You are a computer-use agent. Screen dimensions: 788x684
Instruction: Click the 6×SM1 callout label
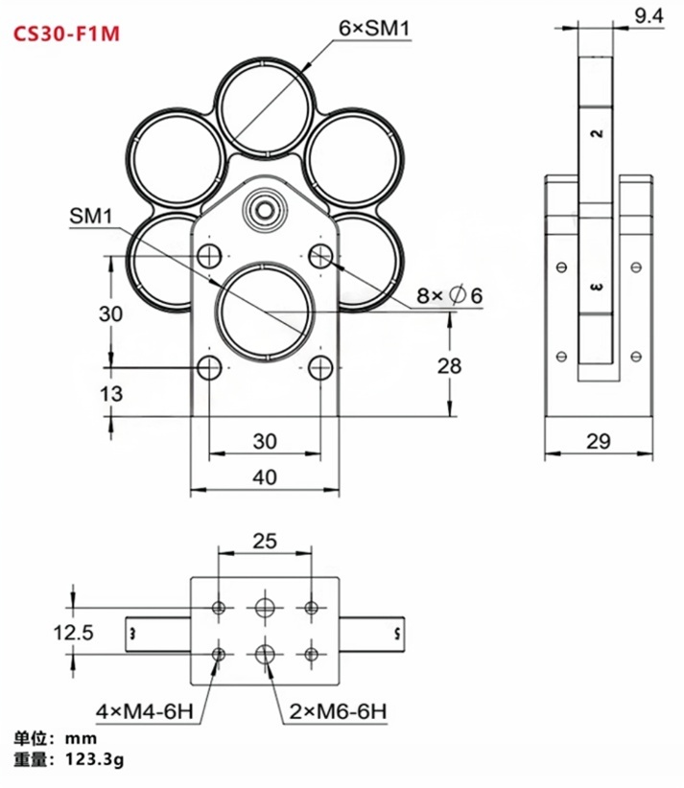[x=374, y=31]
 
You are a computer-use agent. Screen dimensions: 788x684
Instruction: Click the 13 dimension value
[x=111, y=392]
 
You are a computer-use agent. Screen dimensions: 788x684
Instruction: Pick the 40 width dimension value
[x=265, y=476]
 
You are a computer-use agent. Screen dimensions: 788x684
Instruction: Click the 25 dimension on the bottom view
[x=265, y=541]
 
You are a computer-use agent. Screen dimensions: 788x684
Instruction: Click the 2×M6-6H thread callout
[x=338, y=712]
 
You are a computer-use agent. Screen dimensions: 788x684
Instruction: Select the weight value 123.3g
[x=95, y=761]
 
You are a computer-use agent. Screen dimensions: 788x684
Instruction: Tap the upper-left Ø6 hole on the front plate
[x=209, y=256]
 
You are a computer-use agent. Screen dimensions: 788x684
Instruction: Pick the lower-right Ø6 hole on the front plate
[x=320, y=366]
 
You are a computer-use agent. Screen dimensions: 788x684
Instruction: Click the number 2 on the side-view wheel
[x=599, y=132]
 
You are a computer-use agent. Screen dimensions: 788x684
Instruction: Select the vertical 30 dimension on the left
[x=111, y=313]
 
